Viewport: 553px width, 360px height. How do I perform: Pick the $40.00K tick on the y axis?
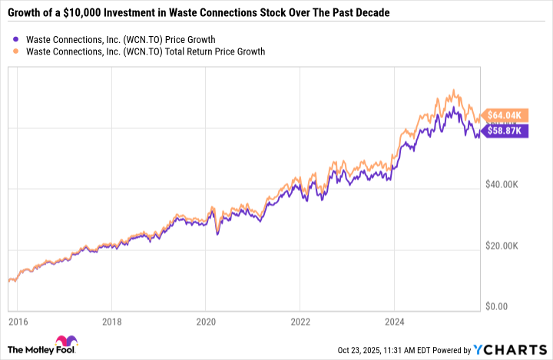(508, 185)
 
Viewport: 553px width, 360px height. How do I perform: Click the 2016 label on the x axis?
(18, 320)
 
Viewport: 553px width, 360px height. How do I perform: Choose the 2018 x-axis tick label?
(112, 320)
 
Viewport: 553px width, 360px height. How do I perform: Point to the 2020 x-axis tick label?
(206, 320)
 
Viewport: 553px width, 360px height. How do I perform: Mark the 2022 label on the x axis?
(300, 320)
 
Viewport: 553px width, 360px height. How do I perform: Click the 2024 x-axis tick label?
(394, 320)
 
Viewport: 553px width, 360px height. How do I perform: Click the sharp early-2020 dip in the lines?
(217, 232)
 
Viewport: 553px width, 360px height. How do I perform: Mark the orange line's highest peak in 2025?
(454, 91)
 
